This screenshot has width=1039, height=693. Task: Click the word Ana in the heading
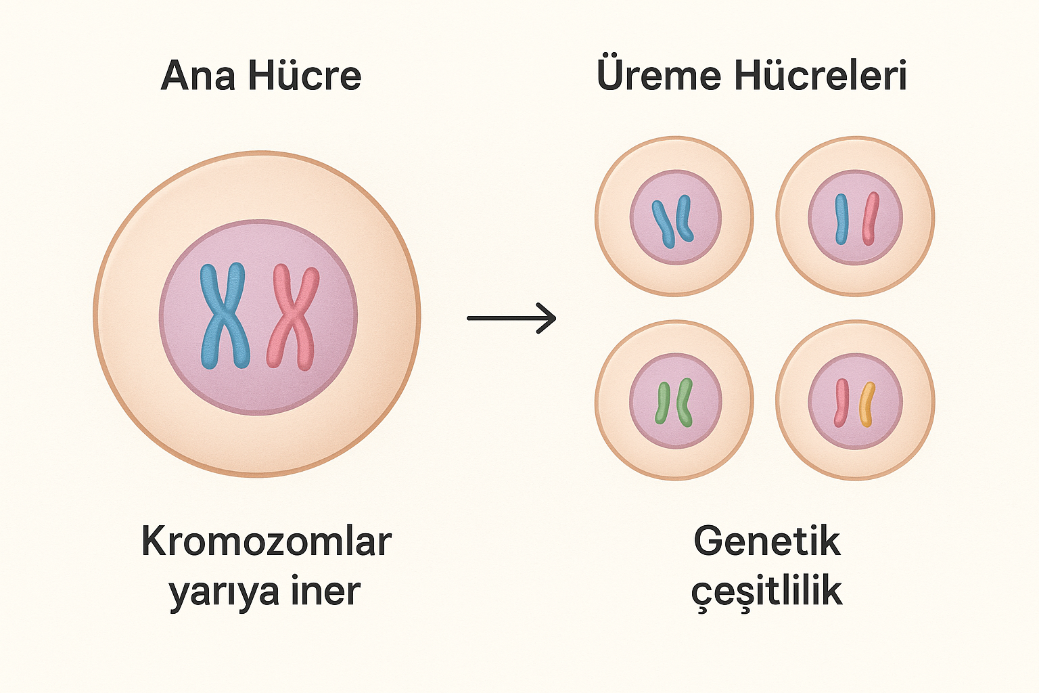point(198,75)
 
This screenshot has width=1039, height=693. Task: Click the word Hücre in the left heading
point(304,75)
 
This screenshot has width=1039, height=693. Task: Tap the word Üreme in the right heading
point(658,75)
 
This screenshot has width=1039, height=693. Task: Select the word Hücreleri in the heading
point(820,75)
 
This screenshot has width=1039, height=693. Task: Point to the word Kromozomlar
point(266,542)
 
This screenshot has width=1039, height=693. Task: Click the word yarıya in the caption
point(225,591)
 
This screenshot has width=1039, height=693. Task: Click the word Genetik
point(766,542)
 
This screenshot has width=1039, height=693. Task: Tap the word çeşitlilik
point(766,591)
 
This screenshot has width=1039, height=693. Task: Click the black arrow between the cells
point(511,317)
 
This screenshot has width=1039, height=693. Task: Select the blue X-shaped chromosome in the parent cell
point(223,315)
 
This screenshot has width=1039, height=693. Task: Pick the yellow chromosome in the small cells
point(867,404)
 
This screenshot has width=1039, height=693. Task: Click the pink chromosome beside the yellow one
point(841,403)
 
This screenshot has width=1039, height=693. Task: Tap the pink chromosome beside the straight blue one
point(871,219)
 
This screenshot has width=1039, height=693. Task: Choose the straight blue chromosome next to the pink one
point(841,219)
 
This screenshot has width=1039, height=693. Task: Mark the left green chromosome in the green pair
point(662,403)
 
